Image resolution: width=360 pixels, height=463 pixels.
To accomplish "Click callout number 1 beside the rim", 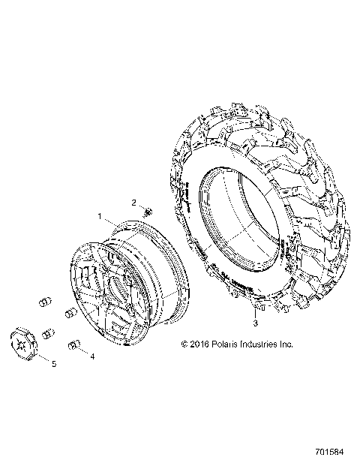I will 98,216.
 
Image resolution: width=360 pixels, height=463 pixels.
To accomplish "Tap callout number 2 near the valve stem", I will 134,203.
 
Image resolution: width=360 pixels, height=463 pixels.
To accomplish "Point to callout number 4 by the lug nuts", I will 92,356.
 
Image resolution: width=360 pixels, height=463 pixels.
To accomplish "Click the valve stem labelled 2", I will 147,212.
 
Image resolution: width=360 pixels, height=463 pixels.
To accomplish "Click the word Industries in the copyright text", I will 263,344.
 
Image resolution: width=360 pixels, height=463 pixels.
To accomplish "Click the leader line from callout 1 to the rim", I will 108,221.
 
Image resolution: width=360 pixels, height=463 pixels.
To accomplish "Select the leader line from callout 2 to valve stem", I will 140,206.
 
